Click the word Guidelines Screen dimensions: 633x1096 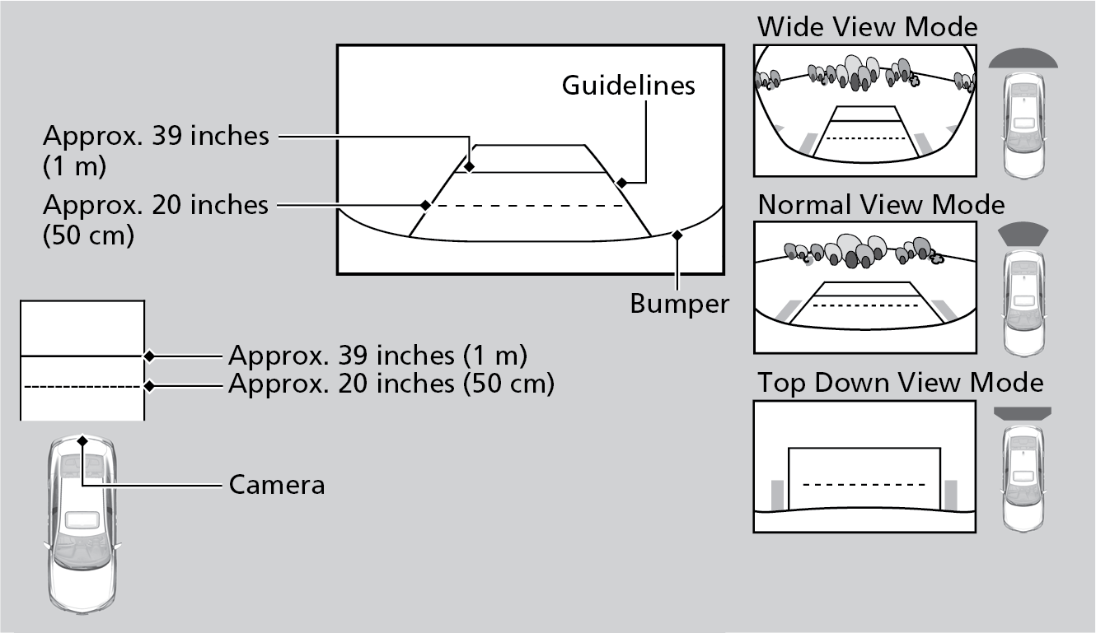click(x=628, y=85)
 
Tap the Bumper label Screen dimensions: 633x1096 click(x=679, y=303)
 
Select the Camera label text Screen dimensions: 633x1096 click(x=276, y=485)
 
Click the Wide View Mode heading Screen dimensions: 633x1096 click(x=867, y=26)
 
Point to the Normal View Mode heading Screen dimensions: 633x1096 click(x=881, y=204)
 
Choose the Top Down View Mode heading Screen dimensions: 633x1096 click(x=900, y=383)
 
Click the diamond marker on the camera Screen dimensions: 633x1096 click(x=82, y=441)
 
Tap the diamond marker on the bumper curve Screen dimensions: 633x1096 click(x=677, y=235)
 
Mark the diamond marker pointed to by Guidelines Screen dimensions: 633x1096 click(x=622, y=182)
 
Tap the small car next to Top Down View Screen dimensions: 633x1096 click(x=1023, y=477)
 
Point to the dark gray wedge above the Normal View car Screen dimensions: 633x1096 click(x=1023, y=234)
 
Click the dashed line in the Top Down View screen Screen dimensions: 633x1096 click(x=863, y=484)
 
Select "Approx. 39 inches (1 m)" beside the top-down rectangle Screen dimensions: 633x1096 click(x=377, y=356)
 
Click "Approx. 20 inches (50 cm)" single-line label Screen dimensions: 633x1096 click(x=391, y=384)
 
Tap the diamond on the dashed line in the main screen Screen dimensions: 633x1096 click(x=425, y=204)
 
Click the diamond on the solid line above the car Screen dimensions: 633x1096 click(x=149, y=356)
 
